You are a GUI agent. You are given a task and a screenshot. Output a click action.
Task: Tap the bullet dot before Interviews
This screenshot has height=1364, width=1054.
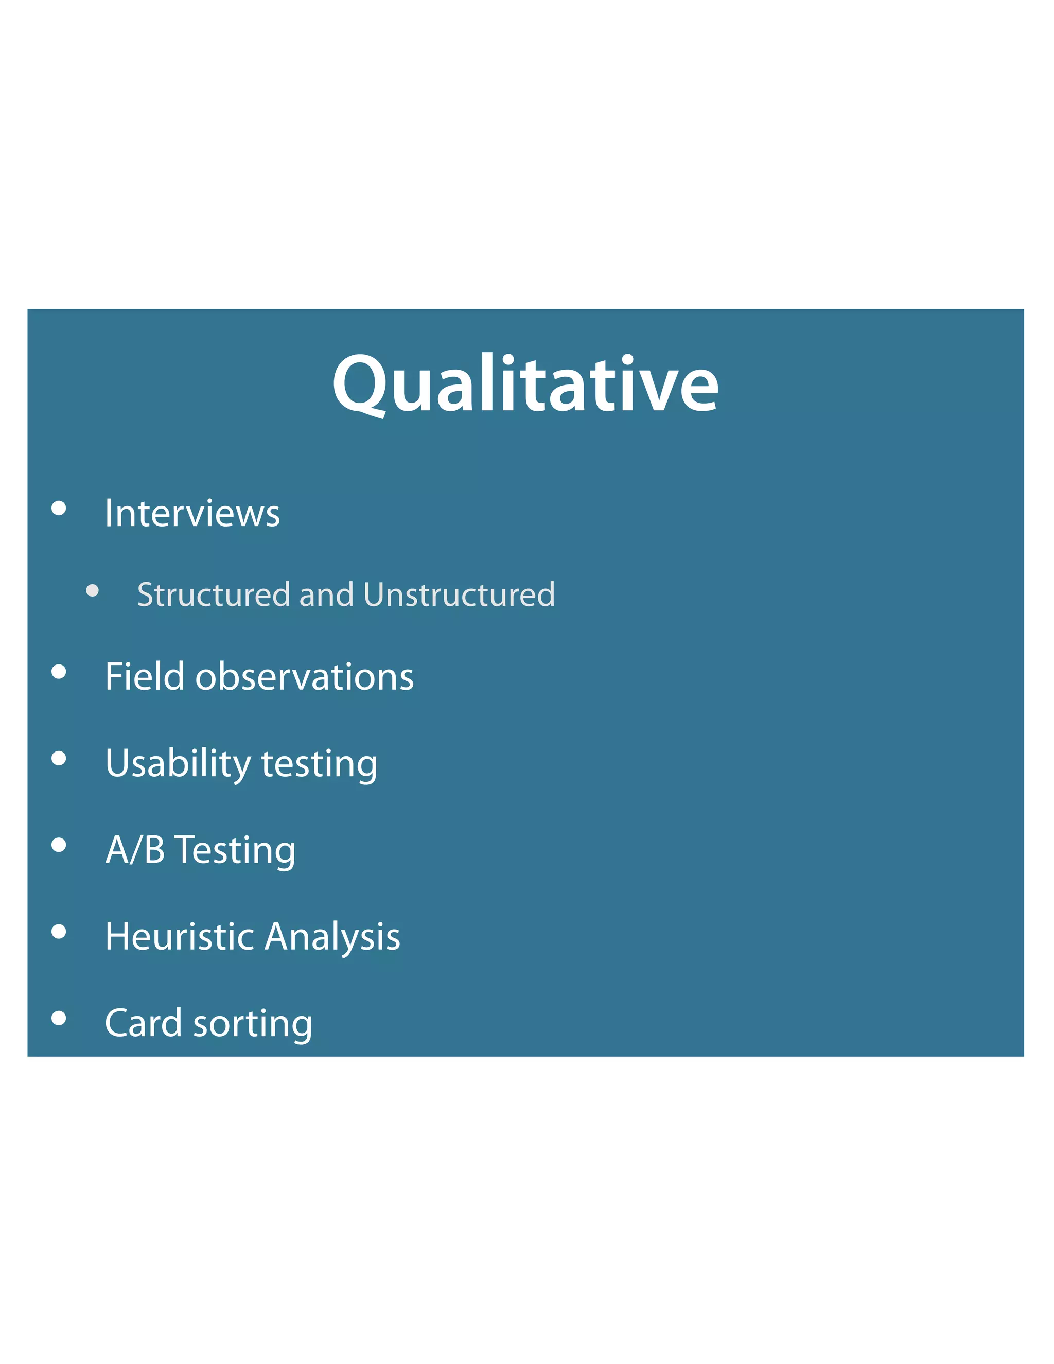point(59,509)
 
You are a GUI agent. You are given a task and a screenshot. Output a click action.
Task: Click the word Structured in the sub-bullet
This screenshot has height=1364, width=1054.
point(214,594)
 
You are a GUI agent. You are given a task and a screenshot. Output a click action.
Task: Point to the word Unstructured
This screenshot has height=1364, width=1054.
point(459,594)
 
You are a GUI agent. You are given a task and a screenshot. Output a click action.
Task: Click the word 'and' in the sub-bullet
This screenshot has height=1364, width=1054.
point(326,594)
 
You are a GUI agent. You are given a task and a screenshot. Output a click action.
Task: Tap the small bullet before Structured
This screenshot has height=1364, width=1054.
point(93,590)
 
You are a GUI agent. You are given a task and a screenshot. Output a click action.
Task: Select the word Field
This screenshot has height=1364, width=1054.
point(145,676)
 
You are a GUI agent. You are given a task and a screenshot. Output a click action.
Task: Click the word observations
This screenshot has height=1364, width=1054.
point(304,677)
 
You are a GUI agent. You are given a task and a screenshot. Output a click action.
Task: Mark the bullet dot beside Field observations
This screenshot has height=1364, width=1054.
point(59,672)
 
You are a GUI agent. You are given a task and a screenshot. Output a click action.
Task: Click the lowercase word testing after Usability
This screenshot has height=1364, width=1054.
point(319,764)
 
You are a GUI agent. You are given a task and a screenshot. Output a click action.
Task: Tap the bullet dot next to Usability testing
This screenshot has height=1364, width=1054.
point(59,758)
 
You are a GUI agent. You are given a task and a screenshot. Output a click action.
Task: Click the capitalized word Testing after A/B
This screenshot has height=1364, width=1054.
point(235,851)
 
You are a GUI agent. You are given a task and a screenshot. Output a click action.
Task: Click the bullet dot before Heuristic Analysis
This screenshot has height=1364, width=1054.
point(59,932)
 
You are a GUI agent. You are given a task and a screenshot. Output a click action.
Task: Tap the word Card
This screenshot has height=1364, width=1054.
point(143,1023)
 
